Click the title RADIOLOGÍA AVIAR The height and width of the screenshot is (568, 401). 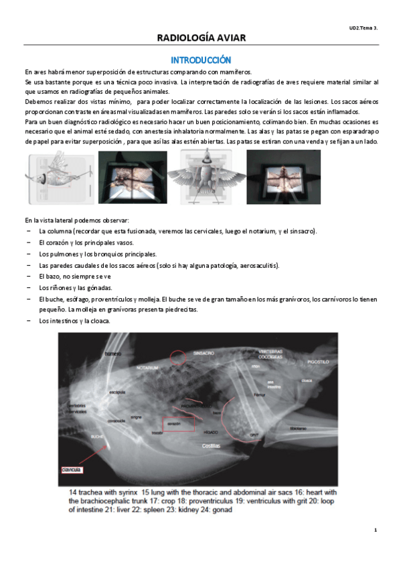[x=201, y=38]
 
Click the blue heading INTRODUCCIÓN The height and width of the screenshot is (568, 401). [x=201, y=60]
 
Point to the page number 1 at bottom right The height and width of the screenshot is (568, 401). [x=376, y=530]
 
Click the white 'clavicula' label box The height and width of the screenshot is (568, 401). [x=72, y=470]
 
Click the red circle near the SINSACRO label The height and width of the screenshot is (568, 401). [x=178, y=356]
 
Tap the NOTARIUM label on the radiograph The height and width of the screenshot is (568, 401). [x=149, y=368]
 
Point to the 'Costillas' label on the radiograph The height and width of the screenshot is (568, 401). [x=212, y=445]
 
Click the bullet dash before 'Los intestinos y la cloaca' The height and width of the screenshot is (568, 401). [x=28, y=320]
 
